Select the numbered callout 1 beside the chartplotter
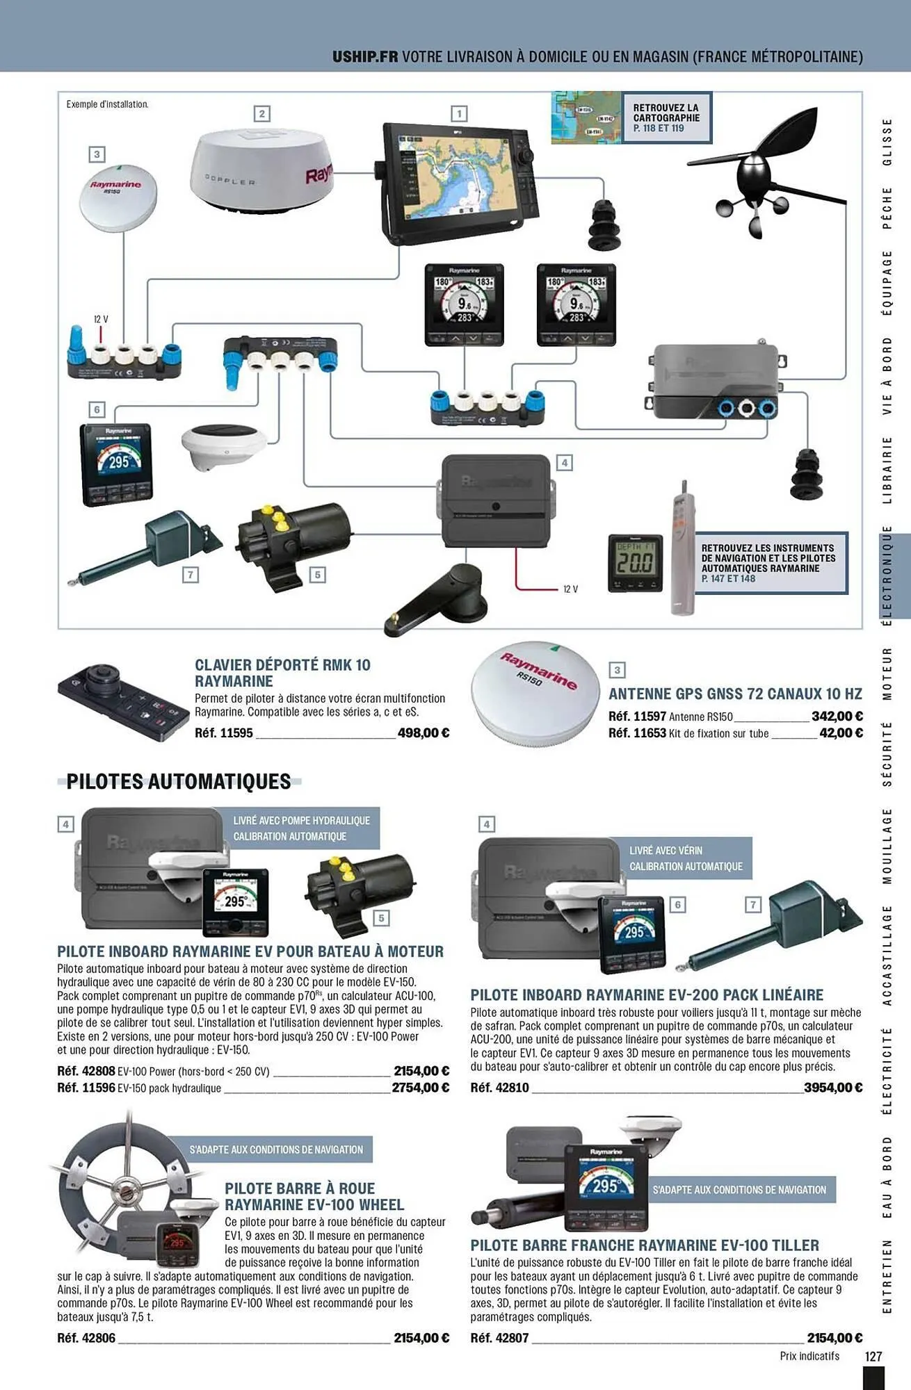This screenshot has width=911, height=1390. [458, 113]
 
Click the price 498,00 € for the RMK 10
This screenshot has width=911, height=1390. [423, 733]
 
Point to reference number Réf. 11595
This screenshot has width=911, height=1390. [224, 733]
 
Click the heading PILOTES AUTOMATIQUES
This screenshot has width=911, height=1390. [179, 782]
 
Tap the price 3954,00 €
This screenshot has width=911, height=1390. [832, 1088]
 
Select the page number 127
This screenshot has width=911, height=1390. [873, 1356]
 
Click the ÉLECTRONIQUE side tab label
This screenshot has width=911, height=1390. [887, 575]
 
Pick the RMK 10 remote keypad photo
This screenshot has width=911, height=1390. [122, 703]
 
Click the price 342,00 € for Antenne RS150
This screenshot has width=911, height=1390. [837, 716]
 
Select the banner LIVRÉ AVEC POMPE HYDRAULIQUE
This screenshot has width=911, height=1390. [301, 821]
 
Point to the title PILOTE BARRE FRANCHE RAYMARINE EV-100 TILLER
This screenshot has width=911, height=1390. [645, 1245]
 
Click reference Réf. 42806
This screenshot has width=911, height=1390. [86, 1338]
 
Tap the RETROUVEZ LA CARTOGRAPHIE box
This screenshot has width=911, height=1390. [666, 118]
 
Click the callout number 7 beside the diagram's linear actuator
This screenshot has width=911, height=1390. [190, 574]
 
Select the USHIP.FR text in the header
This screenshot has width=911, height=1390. [365, 56]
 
